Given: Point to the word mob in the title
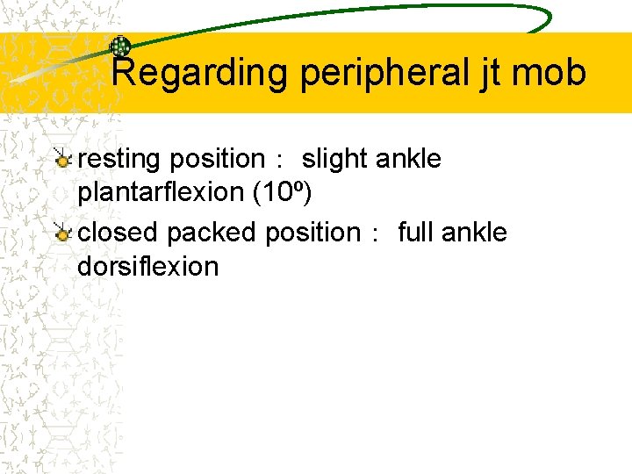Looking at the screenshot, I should point(552,73).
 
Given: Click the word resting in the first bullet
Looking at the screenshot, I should point(119,159).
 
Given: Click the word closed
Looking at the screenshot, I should point(118,233).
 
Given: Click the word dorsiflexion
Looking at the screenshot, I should point(147,265).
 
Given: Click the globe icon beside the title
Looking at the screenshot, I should point(119,47).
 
